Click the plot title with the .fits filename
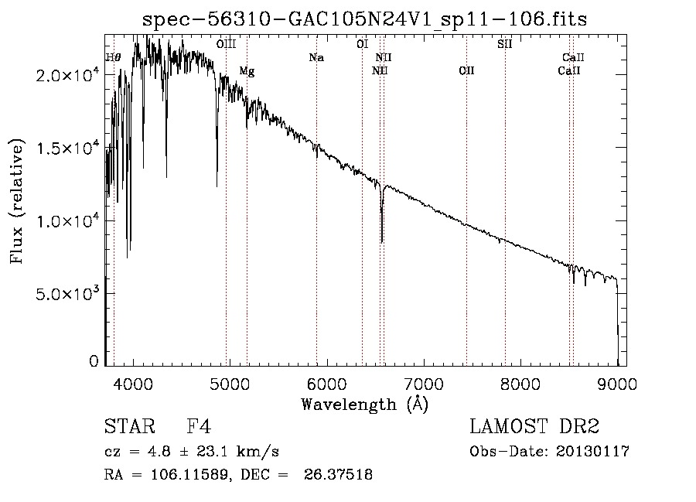click(x=364, y=20)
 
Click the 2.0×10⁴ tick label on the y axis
click(x=69, y=75)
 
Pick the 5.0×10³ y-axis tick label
click(x=69, y=294)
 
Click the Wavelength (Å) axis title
click(x=364, y=404)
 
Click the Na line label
click(x=316, y=57)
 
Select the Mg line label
click(x=247, y=71)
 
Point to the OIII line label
click(x=226, y=45)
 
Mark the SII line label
click(x=504, y=45)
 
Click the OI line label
click(x=362, y=45)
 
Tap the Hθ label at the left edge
click(x=113, y=57)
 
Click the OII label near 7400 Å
click(x=466, y=71)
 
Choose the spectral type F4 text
click(x=199, y=427)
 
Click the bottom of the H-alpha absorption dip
click(x=382, y=241)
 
